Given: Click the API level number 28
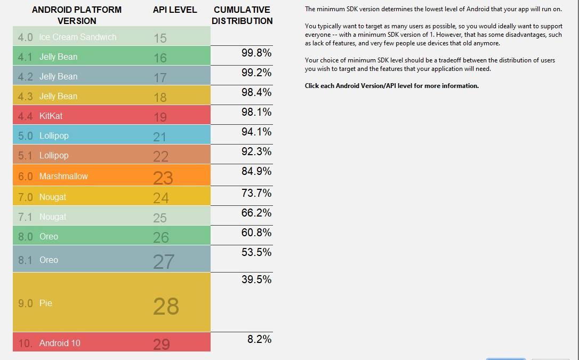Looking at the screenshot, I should point(166,306).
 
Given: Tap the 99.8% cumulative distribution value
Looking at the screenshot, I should point(256,53).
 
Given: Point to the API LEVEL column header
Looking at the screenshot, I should point(175,10).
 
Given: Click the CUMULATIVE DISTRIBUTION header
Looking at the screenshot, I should point(242,15).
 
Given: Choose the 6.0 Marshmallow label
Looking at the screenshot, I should point(53,176).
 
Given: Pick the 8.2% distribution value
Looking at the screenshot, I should point(259,339).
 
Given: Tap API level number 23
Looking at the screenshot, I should point(163,178).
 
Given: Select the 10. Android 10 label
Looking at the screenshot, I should point(49,343).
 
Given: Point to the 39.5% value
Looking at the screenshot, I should point(256,279).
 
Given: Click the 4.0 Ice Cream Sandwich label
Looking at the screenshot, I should point(67,37).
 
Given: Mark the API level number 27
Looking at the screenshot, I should point(164,261).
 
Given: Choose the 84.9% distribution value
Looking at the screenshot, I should point(256,171).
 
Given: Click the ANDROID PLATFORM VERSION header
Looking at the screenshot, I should point(77,15).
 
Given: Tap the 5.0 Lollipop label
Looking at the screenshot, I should point(43,135).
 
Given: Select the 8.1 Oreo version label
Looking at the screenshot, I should point(38,260).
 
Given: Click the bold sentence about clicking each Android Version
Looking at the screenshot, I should point(391,86).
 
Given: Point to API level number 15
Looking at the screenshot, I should point(160,38).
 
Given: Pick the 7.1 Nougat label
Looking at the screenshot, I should point(42,217).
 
